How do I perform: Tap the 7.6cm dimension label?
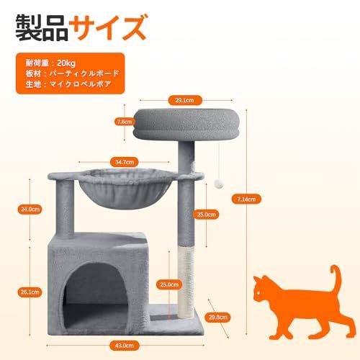pos(124,122)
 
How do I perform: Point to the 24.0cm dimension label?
pos(29,210)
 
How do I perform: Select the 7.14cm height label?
pos(246,199)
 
